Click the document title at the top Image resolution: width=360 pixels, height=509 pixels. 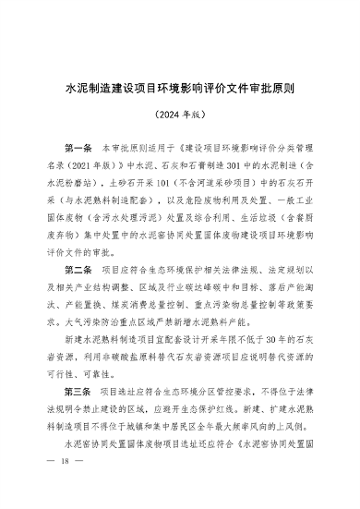click(x=180, y=92)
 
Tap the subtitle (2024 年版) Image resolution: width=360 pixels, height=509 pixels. click(x=180, y=120)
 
